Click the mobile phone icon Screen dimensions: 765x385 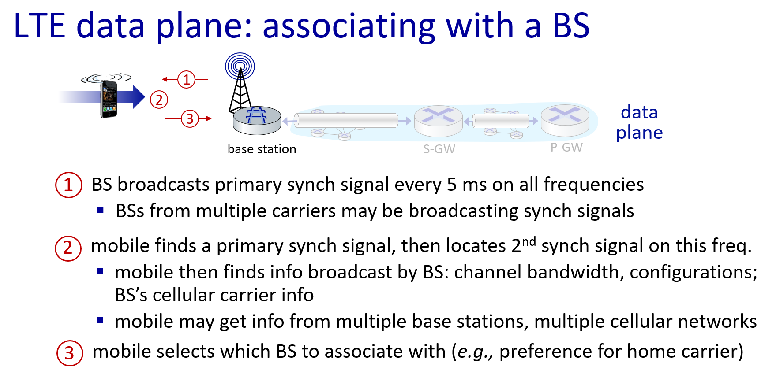[109, 99]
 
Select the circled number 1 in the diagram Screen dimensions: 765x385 [186, 79]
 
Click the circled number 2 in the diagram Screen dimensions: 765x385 [159, 100]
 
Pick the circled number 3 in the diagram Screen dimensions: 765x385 [190, 118]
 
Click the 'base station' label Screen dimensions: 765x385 [262, 149]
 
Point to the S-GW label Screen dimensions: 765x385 [439, 149]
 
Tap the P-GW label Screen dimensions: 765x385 [566, 147]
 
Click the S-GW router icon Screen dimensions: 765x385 [438, 121]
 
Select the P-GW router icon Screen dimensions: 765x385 [565, 120]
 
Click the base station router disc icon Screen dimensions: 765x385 [257, 120]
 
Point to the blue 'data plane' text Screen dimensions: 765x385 [639, 122]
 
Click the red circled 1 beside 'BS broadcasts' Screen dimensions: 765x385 [68, 185]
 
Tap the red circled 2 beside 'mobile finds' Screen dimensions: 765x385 [68, 248]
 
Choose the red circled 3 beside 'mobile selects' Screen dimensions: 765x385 [70, 353]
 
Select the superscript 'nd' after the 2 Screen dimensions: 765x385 [529, 241]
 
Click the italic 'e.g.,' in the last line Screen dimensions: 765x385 [475, 352]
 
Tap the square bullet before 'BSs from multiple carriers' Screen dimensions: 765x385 [101, 210]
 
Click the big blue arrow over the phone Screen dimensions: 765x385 [102, 96]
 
